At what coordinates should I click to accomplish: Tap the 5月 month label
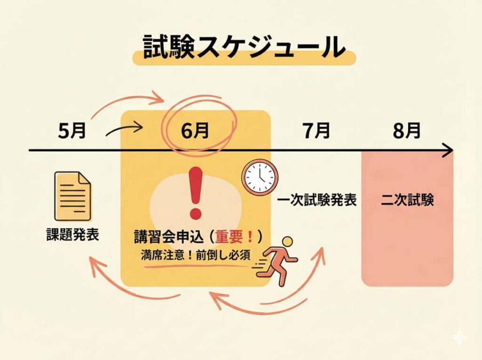72,132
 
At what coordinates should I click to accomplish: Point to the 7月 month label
316,132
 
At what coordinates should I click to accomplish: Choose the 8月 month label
406,132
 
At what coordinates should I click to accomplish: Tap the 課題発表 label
72,234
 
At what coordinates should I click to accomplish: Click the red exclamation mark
194,190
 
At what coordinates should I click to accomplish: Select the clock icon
259,178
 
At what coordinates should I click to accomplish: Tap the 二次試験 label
407,201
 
